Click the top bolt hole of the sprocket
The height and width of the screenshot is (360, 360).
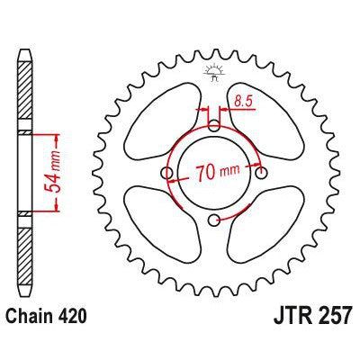point(213,126)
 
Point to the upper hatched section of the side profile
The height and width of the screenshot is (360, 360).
point(24,99)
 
